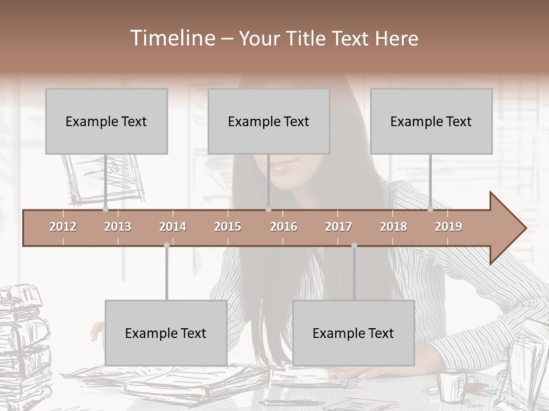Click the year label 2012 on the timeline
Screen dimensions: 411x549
tap(63, 227)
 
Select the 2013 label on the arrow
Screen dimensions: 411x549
tap(118, 227)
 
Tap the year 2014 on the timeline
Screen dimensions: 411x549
tap(173, 227)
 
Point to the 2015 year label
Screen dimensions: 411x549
tap(228, 227)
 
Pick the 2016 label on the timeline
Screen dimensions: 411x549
tap(284, 227)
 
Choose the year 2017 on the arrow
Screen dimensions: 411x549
tap(339, 227)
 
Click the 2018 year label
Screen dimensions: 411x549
tap(393, 227)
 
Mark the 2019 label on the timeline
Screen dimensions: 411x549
tap(448, 227)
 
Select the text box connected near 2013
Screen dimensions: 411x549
tap(106, 121)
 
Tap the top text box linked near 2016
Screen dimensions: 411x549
tap(269, 121)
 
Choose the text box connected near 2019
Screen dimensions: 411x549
tap(431, 121)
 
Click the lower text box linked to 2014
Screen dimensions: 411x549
tap(166, 333)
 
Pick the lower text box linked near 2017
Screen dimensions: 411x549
tap(353, 333)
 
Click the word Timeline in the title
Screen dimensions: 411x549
tap(172, 38)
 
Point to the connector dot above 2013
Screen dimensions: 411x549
tap(105, 209)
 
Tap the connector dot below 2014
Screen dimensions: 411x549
tap(166, 245)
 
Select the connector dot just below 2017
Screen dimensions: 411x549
tap(354, 245)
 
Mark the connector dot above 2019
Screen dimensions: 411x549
tap(430, 209)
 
